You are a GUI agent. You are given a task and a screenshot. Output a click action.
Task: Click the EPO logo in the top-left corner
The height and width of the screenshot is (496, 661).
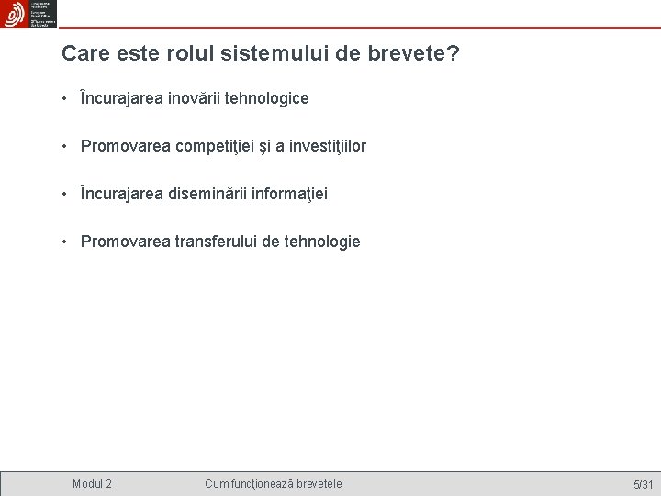[16, 15]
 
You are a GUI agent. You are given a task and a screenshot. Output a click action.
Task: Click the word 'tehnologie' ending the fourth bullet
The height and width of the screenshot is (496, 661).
[324, 242]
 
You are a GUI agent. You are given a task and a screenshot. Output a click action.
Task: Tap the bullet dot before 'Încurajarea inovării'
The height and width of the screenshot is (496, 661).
[67, 98]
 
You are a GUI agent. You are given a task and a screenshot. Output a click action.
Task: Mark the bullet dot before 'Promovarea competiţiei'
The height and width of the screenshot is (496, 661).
[67, 146]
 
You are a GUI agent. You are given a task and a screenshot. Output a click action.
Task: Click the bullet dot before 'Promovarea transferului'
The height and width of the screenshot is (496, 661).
[67, 242]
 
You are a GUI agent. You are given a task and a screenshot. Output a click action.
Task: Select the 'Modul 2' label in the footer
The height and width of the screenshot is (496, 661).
[93, 483]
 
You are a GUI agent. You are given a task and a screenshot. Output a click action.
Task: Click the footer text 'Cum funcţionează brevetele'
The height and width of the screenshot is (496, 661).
[274, 483]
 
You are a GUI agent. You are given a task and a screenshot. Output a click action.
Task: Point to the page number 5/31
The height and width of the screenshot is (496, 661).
[643, 484]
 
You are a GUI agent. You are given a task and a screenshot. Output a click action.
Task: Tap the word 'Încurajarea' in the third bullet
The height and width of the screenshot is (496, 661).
[122, 194]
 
